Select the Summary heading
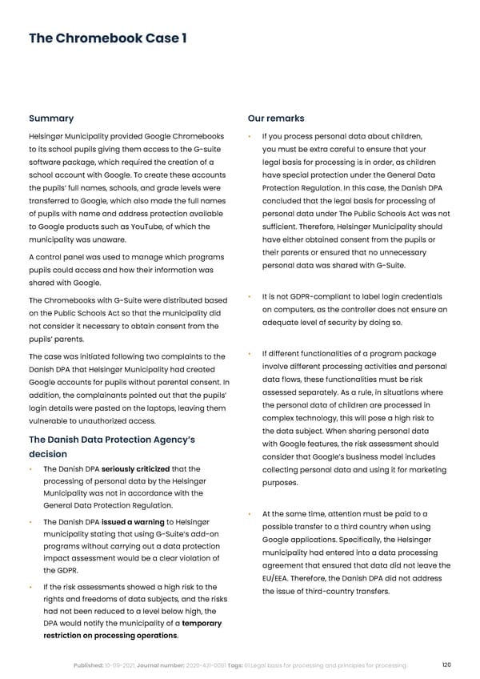pyautogui.click(x=51, y=119)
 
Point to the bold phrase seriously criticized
pyautogui.click(x=134, y=468)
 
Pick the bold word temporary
pyautogui.click(x=202, y=623)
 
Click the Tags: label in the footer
pyautogui.click(x=242, y=665)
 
